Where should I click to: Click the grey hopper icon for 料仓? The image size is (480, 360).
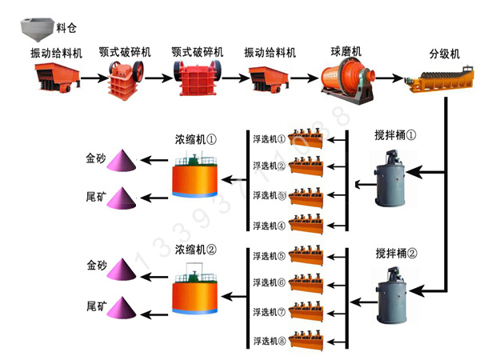coord(36,28)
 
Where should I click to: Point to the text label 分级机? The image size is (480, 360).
coord(444,54)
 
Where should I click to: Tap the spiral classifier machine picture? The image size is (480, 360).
coord(438,79)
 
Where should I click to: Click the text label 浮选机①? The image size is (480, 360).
coord(269,138)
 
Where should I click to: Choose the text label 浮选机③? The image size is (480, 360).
coord(269,195)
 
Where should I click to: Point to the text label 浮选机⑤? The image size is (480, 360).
coord(269,257)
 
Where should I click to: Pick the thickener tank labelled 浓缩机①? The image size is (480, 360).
coord(195,175)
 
